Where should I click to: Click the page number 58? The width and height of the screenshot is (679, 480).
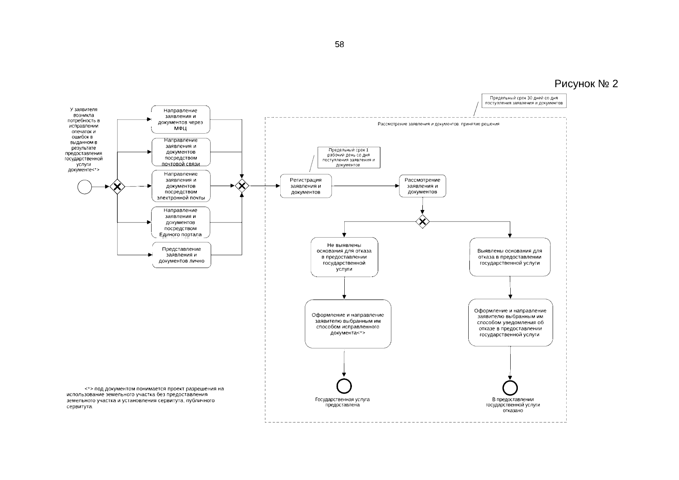(x=339, y=45)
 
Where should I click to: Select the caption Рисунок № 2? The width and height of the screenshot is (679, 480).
(x=586, y=84)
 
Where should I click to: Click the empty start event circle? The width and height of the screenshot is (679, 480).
(x=85, y=187)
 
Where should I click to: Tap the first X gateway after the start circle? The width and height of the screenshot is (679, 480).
(x=117, y=186)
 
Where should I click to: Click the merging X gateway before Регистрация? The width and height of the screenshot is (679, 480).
(x=242, y=186)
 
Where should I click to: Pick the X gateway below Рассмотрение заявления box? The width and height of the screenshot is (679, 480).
(x=422, y=221)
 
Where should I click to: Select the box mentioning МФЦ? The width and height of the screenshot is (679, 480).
(x=181, y=120)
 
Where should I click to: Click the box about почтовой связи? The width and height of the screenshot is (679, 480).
(x=181, y=152)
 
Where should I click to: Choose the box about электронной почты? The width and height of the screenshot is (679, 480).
(x=181, y=186)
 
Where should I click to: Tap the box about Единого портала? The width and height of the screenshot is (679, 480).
(x=181, y=222)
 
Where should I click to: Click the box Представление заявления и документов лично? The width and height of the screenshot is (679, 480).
(x=182, y=255)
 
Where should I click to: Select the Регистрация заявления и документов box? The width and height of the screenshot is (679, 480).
(x=306, y=186)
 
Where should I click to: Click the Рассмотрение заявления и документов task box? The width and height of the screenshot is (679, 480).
(x=422, y=186)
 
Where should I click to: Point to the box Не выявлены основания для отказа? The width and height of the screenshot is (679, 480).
(x=344, y=257)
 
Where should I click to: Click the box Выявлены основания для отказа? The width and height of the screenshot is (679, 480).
(x=510, y=257)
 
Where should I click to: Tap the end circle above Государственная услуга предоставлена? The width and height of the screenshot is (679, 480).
(x=344, y=386)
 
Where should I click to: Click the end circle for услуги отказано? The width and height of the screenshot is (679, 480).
(x=510, y=388)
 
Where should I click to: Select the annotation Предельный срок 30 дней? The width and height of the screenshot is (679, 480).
(x=524, y=100)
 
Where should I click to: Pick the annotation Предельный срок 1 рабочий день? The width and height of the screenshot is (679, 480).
(x=349, y=157)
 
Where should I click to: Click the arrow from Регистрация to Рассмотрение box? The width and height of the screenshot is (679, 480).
(x=365, y=186)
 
